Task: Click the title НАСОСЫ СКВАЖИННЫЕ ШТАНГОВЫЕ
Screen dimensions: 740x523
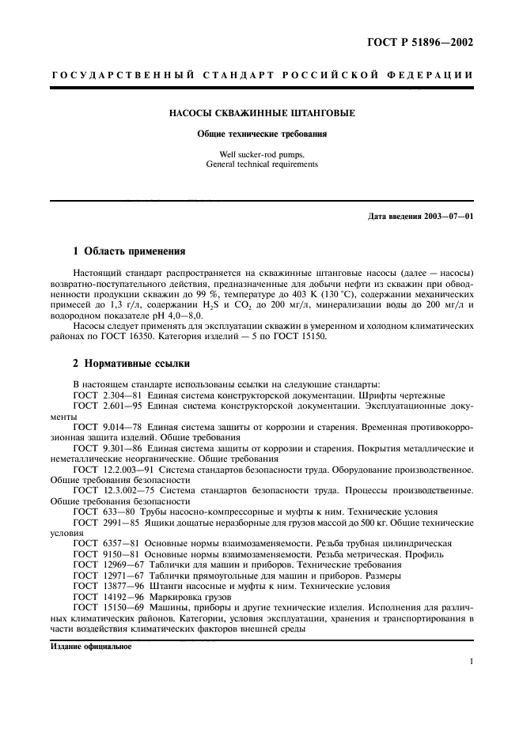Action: pos(262,113)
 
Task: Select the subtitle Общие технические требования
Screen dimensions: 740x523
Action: pos(262,134)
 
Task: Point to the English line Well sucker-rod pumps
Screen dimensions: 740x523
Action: pos(262,154)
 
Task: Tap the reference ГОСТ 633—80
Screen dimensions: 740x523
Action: pos(102,513)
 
